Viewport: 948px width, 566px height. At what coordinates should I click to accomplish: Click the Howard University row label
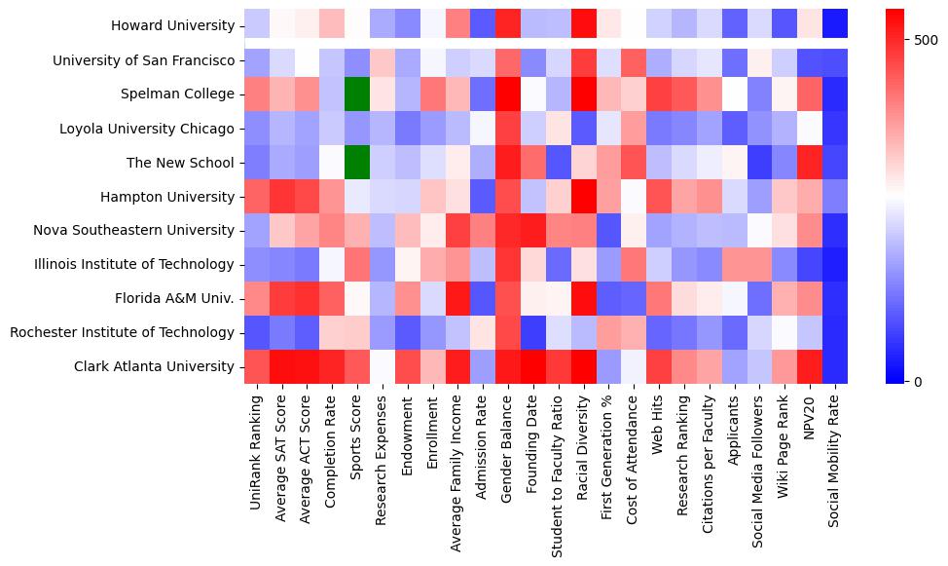tap(172, 26)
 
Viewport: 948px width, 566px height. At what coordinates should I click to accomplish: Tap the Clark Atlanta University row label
tap(155, 366)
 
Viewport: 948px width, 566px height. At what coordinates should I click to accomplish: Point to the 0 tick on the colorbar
tap(921, 381)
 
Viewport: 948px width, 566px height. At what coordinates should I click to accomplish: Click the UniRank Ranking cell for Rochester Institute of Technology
tap(256, 332)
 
